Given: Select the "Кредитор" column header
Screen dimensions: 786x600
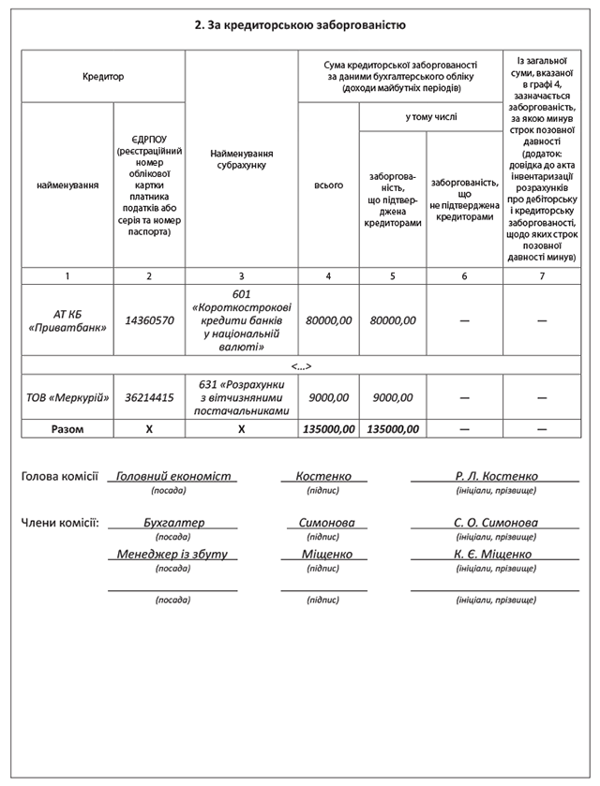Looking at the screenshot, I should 103,77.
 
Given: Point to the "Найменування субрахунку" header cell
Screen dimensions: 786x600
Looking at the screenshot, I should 241,158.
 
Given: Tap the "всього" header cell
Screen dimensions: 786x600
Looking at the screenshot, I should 328,185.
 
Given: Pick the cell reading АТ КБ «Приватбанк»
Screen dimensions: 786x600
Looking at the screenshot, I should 67,320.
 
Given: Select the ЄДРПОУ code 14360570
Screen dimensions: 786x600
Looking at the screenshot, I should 149,320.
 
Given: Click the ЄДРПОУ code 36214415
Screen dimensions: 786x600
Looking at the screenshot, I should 149,397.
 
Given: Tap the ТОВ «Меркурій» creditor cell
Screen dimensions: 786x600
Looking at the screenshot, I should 67,397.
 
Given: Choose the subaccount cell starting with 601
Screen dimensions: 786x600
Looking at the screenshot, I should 241,320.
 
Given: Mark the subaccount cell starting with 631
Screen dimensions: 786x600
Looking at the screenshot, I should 241,397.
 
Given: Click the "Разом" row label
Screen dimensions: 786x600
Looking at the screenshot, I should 67,429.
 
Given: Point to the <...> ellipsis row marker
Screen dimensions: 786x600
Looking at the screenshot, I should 301,365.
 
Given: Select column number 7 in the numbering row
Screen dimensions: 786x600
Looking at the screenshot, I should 541,276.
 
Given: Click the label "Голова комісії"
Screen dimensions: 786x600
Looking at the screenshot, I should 60,477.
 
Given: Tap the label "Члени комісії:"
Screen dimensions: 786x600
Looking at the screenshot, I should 60,523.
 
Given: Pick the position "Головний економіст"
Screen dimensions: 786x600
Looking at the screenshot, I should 173,477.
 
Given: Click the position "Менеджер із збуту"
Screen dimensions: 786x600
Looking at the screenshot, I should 172,555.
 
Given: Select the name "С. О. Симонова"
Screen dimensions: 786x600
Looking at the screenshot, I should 496,523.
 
